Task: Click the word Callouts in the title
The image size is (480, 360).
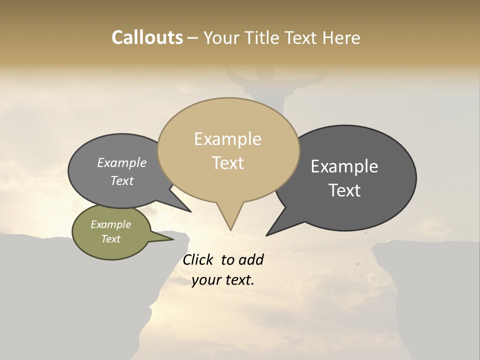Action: point(147,37)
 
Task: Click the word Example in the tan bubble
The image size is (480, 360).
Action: point(227,139)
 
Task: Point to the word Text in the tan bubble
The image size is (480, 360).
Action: point(228,163)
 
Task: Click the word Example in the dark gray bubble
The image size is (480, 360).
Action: point(344,166)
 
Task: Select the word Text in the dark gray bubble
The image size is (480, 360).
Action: point(345,190)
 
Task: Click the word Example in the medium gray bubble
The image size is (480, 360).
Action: point(122,163)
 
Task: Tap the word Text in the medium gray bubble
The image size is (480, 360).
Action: point(122,181)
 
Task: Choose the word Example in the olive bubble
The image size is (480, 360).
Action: point(110,225)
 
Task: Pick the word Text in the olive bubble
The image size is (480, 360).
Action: point(110,239)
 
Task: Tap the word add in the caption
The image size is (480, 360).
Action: point(251,260)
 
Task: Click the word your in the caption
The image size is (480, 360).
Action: point(206,280)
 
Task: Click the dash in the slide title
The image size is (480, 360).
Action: point(193,38)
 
